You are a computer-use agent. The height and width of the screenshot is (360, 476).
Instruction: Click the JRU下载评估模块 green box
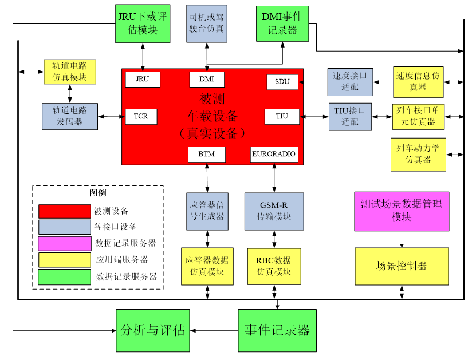[143, 23]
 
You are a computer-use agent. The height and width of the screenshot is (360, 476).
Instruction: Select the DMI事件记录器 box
[282, 23]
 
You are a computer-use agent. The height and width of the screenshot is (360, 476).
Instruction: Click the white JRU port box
[143, 80]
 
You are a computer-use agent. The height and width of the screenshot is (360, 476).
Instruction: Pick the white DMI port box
[207, 80]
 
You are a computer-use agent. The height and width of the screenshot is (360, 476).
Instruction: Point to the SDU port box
[282, 82]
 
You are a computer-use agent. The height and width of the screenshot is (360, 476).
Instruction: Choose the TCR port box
[141, 116]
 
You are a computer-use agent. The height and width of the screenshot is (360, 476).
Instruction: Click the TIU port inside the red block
[282, 116]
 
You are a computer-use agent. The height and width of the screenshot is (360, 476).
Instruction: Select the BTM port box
[206, 154]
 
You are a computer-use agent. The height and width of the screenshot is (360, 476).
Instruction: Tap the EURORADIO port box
[274, 154]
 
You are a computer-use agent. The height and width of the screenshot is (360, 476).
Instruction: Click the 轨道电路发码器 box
[69, 116]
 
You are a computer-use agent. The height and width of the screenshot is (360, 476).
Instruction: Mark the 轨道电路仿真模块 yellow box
[69, 72]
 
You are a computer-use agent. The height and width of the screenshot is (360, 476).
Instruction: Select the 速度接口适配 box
[349, 82]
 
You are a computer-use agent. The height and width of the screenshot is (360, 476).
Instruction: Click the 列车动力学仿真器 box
[418, 154]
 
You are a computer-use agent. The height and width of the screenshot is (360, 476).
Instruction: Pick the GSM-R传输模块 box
[274, 211]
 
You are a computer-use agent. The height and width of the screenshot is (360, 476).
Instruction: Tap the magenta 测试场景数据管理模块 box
[401, 211]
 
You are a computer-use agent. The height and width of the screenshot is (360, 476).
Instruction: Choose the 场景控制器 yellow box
[401, 266]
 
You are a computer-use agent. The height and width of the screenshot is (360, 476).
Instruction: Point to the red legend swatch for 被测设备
[64, 211]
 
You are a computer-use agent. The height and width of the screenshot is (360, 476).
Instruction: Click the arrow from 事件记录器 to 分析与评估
[214, 330]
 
